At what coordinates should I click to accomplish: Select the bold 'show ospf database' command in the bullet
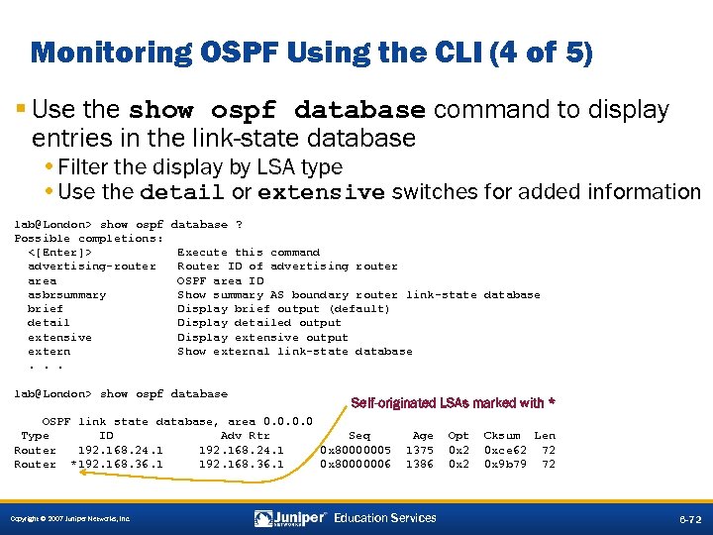click(x=277, y=110)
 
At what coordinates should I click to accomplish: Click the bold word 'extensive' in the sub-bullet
click(x=321, y=192)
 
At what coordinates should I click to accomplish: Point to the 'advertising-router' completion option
click(x=92, y=267)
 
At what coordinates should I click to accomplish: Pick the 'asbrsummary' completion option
click(x=67, y=294)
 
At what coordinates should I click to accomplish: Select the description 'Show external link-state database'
click(x=294, y=351)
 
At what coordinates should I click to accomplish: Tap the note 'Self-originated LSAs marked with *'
click(x=453, y=403)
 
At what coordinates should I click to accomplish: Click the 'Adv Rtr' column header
click(x=245, y=435)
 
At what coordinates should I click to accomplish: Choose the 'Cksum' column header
click(x=501, y=435)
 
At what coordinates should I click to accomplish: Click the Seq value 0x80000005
click(x=356, y=450)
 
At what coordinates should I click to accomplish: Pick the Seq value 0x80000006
click(x=356, y=464)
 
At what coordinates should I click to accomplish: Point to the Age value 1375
click(x=420, y=450)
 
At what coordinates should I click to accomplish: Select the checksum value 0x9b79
click(x=504, y=464)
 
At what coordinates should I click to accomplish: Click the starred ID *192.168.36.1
click(x=117, y=464)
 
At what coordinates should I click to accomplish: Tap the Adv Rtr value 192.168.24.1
click(x=241, y=450)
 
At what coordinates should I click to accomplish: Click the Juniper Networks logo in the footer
click(x=290, y=518)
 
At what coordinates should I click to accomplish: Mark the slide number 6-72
click(x=689, y=519)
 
